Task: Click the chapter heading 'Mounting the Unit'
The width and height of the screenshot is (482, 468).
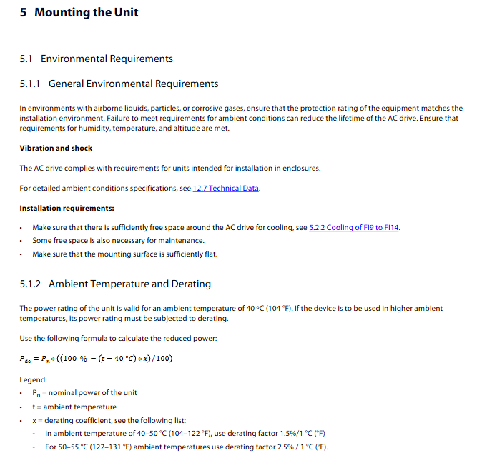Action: pyautogui.click(x=87, y=13)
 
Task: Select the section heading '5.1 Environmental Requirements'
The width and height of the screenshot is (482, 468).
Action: pyautogui.click(x=97, y=59)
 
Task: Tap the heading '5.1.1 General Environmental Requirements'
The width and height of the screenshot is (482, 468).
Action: pyautogui.click(x=119, y=84)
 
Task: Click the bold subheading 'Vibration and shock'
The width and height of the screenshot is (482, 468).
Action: pyautogui.click(x=56, y=148)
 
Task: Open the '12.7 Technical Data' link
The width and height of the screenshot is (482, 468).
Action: pyautogui.click(x=226, y=188)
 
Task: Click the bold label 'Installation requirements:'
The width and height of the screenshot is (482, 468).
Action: pyautogui.click(x=67, y=208)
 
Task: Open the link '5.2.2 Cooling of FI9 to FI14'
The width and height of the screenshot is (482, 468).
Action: pyautogui.click(x=354, y=228)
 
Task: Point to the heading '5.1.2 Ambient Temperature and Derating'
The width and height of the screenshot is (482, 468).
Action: pyautogui.click(x=115, y=284)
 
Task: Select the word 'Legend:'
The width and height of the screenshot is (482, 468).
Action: pyautogui.click(x=34, y=379)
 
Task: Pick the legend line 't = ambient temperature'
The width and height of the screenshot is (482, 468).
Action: pyautogui.click(x=74, y=407)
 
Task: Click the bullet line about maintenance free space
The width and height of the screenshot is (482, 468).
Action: pyautogui.click(x=118, y=241)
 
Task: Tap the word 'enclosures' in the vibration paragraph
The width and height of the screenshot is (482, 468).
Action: pyautogui.click(x=300, y=169)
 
